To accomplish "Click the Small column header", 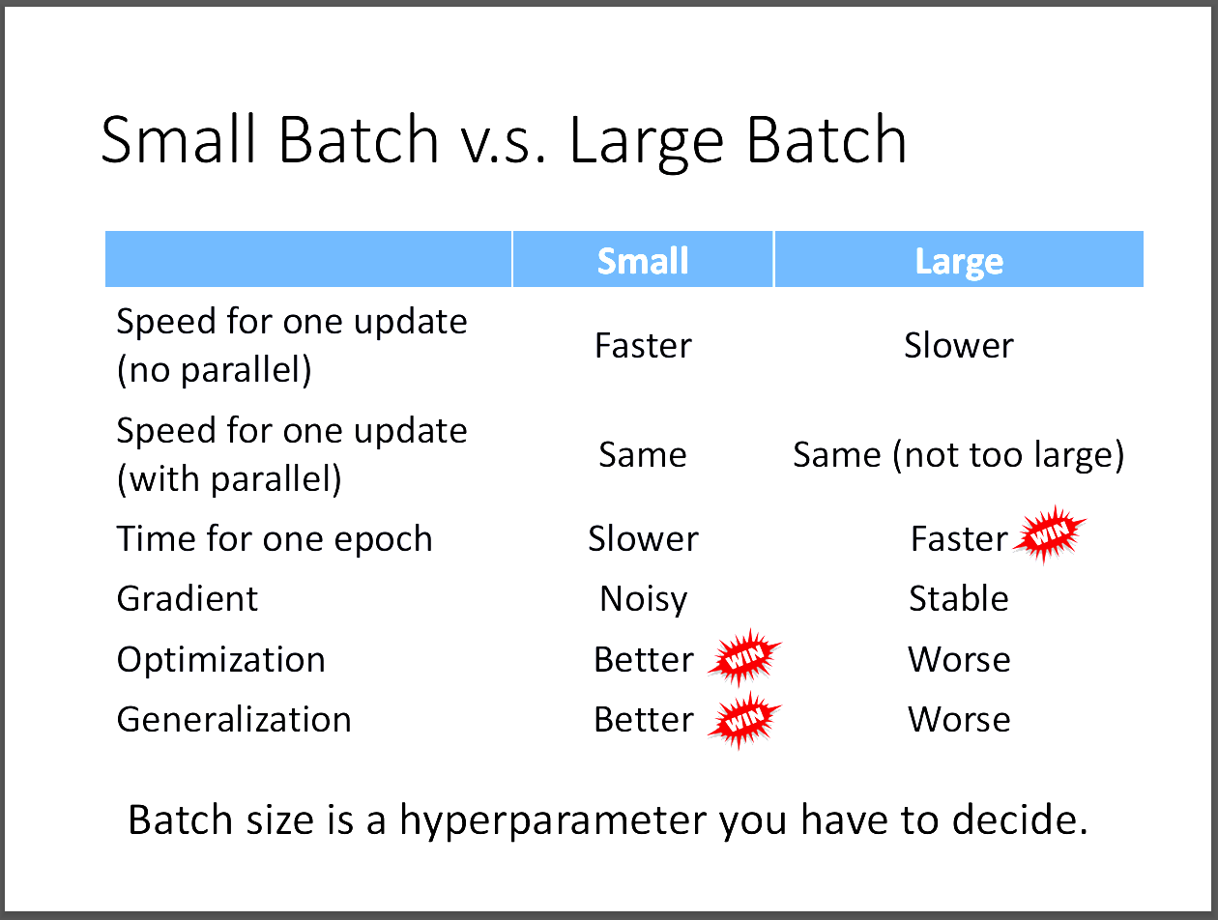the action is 643,261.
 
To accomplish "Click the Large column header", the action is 959,262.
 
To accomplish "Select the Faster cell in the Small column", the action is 643,346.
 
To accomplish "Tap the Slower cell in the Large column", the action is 959,346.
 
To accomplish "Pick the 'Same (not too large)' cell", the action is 958,455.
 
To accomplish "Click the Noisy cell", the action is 643,599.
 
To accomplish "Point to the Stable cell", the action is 959,598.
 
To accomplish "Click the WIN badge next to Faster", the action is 1049,534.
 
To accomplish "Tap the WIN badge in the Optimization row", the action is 744,657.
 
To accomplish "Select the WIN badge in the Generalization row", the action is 744,720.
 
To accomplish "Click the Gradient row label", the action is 188,599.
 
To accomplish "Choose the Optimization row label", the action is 220,660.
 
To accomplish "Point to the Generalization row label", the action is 234,720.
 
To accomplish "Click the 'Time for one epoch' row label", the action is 275,539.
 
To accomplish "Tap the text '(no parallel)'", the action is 215,370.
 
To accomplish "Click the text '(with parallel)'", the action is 229,479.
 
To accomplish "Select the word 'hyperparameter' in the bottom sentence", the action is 553,820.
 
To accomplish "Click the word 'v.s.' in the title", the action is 504,140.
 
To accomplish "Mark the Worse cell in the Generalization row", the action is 959,720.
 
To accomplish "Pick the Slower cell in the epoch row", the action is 643,538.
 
